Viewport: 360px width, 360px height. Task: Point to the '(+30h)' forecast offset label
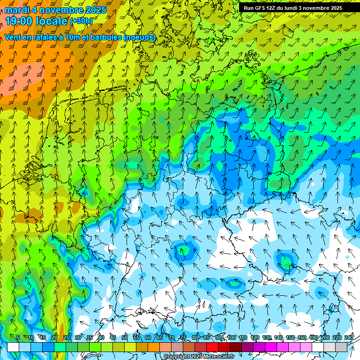coord(81,21)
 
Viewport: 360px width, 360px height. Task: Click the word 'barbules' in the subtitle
coord(101,37)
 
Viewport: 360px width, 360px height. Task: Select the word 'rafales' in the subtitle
coord(47,37)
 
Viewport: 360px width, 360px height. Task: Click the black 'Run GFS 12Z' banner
coord(293,8)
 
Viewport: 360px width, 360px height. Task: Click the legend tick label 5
coord(18,338)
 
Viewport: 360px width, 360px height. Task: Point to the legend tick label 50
coord(125,338)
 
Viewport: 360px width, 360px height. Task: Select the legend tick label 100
coord(232,338)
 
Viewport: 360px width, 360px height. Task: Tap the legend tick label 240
coord(349,338)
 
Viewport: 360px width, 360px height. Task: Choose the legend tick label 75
coord(183,338)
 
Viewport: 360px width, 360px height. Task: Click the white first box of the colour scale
coord(13,347)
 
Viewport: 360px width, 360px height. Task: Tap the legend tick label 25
coord(66,338)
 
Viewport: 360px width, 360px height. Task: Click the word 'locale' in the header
coord(52,21)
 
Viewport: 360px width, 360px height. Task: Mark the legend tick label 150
coord(290,338)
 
